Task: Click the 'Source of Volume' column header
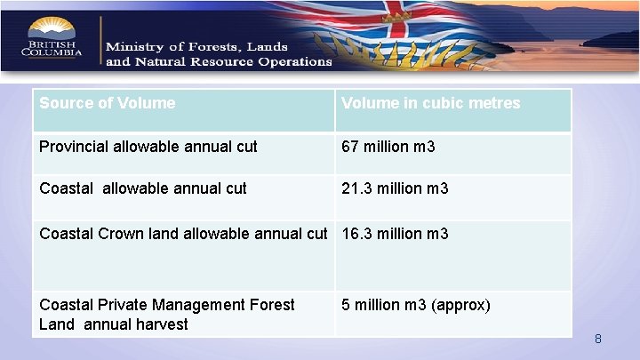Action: (x=108, y=103)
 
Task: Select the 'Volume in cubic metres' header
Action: (x=431, y=103)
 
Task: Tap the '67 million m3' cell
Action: (x=388, y=146)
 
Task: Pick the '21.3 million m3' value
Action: (x=396, y=188)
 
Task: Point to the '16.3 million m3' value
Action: (x=396, y=234)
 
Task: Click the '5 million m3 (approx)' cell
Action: (x=416, y=305)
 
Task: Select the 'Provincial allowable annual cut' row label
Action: (x=148, y=146)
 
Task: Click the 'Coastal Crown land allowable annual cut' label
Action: (x=183, y=234)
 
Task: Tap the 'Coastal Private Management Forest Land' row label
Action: (x=167, y=314)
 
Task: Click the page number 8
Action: (x=598, y=339)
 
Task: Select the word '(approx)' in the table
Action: (x=460, y=305)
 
